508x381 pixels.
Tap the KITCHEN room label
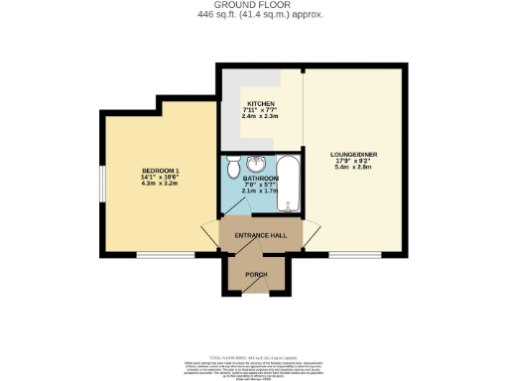(261, 103)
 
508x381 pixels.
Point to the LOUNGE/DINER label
(353, 155)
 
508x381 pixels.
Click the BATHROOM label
(261, 179)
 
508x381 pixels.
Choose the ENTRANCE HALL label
(260, 235)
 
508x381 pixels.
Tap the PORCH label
(256, 270)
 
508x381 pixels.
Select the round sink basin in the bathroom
(256, 165)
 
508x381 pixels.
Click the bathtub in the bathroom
(288, 185)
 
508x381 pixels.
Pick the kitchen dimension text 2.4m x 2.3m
(261, 118)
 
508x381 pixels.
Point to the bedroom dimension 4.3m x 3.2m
(159, 185)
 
